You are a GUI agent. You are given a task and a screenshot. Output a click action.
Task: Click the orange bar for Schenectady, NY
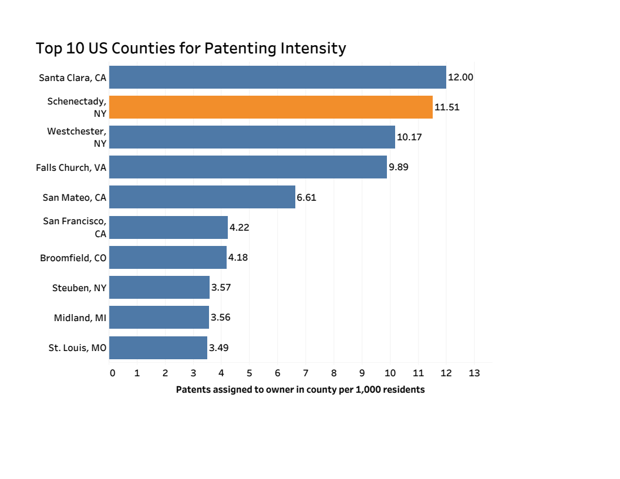pyautogui.click(x=271, y=107)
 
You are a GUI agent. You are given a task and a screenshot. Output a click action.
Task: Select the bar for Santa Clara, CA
pyautogui.click(x=277, y=77)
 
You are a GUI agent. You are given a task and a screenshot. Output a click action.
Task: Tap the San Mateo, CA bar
pyautogui.click(x=202, y=197)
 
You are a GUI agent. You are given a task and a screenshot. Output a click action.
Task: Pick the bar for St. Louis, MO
pyautogui.click(x=158, y=348)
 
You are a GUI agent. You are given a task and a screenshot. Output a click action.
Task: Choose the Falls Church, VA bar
pyautogui.click(x=248, y=167)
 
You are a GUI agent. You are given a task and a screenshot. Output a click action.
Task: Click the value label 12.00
pyautogui.click(x=460, y=77)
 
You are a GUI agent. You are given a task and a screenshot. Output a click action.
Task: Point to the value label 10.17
pyautogui.click(x=409, y=137)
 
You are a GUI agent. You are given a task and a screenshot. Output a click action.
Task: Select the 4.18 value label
pyautogui.click(x=238, y=257)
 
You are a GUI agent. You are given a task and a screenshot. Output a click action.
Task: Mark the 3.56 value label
pyautogui.click(x=221, y=318)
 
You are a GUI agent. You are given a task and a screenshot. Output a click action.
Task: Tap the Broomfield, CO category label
pyautogui.click(x=73, y=258)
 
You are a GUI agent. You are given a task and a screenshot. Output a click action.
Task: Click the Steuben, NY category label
pyautogui.click(x=79, y=288)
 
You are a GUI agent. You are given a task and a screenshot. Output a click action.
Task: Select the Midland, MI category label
pyautogui.click(x=80, y=318)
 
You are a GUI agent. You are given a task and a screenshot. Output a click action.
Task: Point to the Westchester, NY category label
pyautogui.click(x=77, y=137)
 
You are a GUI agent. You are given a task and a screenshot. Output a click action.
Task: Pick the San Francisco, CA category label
pyautogui.click(x=75, y=227)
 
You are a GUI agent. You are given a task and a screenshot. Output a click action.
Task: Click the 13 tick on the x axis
pyautogui.click(x=474, y=373)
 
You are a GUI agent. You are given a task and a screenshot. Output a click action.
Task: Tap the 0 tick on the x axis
pyautogui.click(x=112, y=373)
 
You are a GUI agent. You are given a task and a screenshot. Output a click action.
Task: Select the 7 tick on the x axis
pyautogui.click(x=305, y=373)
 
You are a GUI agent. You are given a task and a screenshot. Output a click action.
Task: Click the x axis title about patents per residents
pyautogui.click(x=300, y=389)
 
